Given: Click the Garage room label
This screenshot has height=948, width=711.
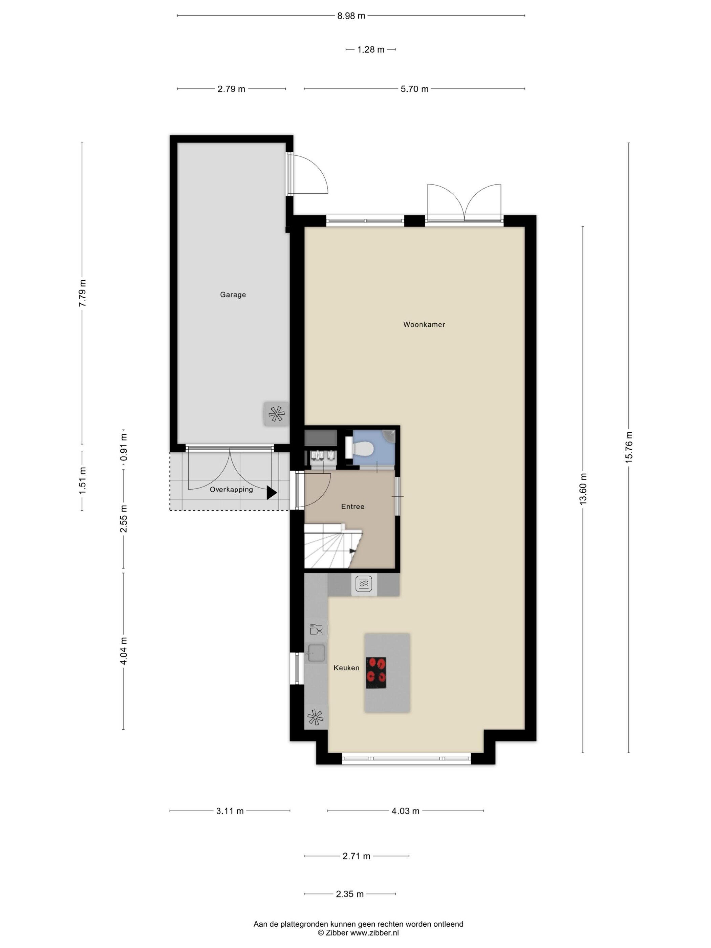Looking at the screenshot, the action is coord(233,295).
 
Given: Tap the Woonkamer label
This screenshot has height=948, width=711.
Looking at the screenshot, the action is coord(424,324).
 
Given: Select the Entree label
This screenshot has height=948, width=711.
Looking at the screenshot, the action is coord(352,506).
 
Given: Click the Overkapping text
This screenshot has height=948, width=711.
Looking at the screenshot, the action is coord(231,490).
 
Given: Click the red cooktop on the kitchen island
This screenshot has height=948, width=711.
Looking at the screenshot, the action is coord(376,672).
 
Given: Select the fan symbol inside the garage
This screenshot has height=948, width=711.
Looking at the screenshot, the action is coord(276,414).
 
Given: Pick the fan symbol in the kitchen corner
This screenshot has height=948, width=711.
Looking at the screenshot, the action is coord(316,717).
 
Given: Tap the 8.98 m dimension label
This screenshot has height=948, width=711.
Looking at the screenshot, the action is coord(351,16).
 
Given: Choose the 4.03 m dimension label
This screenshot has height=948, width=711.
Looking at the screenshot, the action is coord(405,811).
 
